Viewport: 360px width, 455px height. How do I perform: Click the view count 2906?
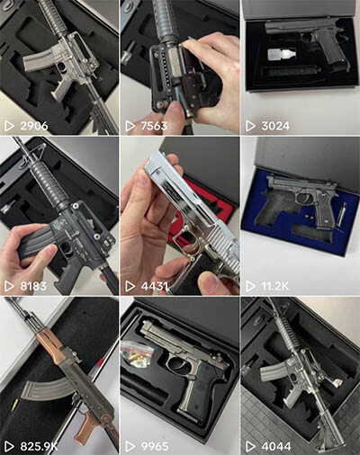34,126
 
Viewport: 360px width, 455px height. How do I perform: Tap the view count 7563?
154,126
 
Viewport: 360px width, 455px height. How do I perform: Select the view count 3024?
275,126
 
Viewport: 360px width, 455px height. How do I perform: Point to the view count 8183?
33,286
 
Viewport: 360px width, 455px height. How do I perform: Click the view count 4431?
154,286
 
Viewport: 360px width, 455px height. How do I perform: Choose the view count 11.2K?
274,286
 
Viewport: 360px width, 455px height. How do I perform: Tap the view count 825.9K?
39,447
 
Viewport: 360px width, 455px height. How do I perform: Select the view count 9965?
155,447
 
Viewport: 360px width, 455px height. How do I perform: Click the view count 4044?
276,447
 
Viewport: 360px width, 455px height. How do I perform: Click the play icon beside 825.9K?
9,447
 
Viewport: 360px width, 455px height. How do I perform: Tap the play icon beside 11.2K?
250,286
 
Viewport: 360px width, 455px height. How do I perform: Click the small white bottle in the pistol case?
281,57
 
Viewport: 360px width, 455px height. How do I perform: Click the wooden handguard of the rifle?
50,347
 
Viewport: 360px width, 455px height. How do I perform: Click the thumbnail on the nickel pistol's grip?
212,282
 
